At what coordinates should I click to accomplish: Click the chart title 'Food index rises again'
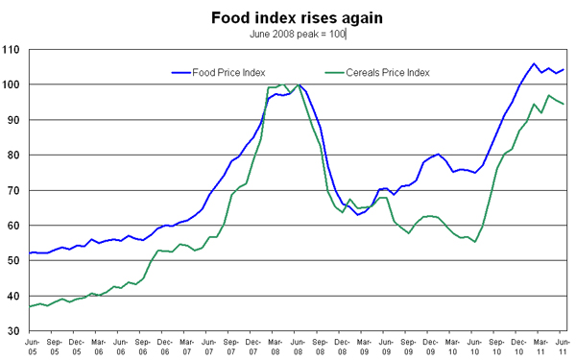(x=288, y=16)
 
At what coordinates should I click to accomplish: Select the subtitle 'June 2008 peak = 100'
(x=297, y=34)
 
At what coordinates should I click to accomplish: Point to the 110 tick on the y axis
(x=12, y=49)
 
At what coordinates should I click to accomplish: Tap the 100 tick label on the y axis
(x=12, y=84)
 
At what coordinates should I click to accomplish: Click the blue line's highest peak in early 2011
(x=534, y=64)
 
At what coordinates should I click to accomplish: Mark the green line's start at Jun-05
(x=31, y=306)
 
